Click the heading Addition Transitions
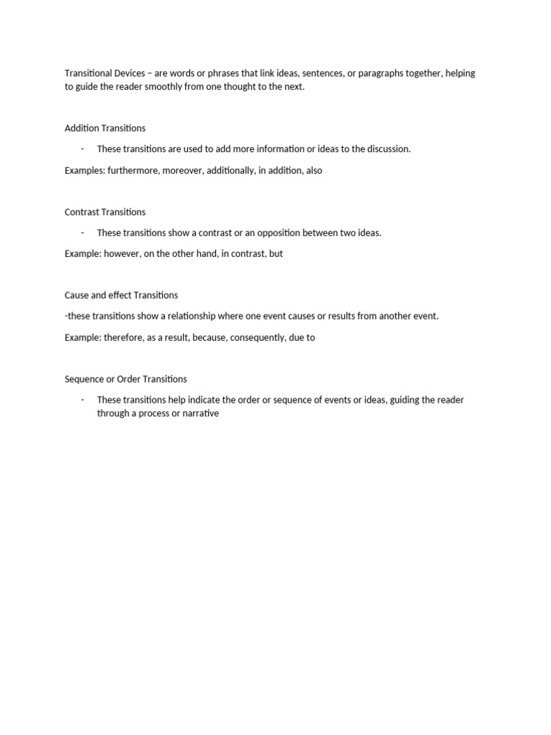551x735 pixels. [105, 128]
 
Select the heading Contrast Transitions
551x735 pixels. [105, 212]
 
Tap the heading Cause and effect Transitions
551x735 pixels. [121, 295]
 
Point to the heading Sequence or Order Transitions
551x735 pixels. [126, 379]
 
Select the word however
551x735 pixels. [122, 253]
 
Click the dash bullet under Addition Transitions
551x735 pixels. [83, 149]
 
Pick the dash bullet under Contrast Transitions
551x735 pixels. [83, 233]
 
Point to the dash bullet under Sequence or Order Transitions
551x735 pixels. [83, 400]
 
